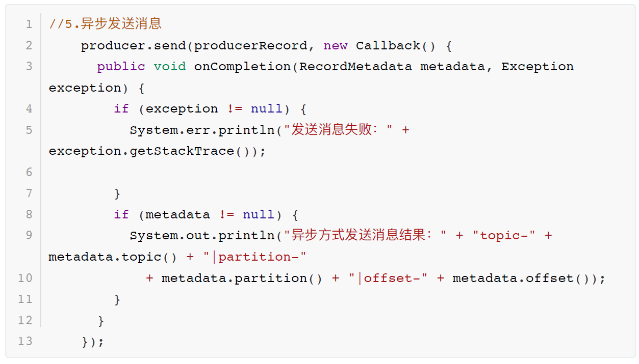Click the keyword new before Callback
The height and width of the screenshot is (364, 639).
[x=336, y=46]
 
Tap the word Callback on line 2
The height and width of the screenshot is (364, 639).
[x=388, y=46]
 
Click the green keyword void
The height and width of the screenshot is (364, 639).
[x=170, y=67]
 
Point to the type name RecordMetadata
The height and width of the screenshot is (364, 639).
[x=355, y=67]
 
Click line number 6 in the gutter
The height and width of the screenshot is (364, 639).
[x=29, y=172]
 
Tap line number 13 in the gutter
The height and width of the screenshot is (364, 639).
[x=25, y=341]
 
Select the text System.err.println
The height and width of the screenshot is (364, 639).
[x=202, y=130]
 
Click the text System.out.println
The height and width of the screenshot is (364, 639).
[x=202, y=236]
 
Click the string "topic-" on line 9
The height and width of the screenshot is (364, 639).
[x=503, y=236]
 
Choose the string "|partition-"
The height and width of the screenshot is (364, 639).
[x=254, y=257]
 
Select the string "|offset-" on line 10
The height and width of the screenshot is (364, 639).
[x=388, y=278]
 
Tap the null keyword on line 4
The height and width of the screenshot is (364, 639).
[x=266, y=109]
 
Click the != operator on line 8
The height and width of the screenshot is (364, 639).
[x=227, y=215]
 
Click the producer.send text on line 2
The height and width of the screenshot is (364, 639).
[x=133, y=46]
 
